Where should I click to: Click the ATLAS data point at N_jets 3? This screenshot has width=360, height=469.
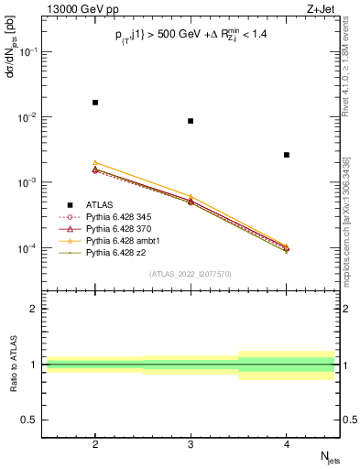click(x=191, y=121)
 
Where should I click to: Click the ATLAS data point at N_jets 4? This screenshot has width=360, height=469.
click(x=287, y=155)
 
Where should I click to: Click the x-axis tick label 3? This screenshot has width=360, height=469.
click(x=191, y=444)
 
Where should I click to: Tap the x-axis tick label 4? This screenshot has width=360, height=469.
click(x=287, y=444)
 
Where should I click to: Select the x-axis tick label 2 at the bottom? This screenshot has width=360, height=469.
click(x=95, y=444)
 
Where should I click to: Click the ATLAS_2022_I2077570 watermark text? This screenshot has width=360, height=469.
click(x=191, y=274)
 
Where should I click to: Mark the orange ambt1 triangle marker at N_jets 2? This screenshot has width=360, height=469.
click(x=95, y=162)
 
